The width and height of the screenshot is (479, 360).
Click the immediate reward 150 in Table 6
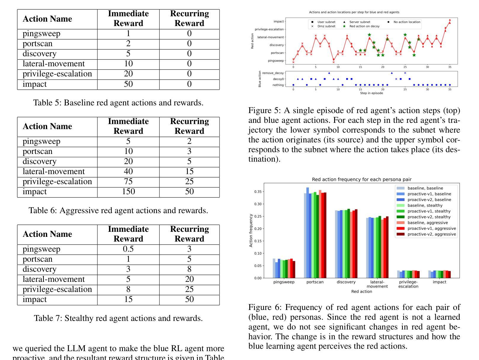point(128,192)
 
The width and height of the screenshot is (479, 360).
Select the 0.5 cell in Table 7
point(128,249)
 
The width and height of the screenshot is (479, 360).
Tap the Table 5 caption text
point(118,103)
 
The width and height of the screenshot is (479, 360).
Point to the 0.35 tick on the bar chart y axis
point(258,192)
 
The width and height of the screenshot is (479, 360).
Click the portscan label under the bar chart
point(315,282)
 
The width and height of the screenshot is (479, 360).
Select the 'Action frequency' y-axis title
point(251,231)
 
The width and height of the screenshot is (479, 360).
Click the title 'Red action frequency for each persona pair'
point(361,179)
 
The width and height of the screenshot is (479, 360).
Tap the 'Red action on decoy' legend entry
point(364,26)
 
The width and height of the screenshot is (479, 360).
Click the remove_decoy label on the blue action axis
point(273,73)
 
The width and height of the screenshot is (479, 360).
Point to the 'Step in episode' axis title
point(371,93)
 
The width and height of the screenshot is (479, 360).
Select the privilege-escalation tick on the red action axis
point(269,29)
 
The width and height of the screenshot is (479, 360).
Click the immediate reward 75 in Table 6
point(128,182)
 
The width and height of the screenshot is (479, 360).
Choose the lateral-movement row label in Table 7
point(54,279)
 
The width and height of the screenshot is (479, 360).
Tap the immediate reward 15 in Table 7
point(128,300)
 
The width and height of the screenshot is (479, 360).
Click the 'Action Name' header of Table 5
point(47,19)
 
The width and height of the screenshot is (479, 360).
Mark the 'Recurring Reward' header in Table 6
point(189,126)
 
